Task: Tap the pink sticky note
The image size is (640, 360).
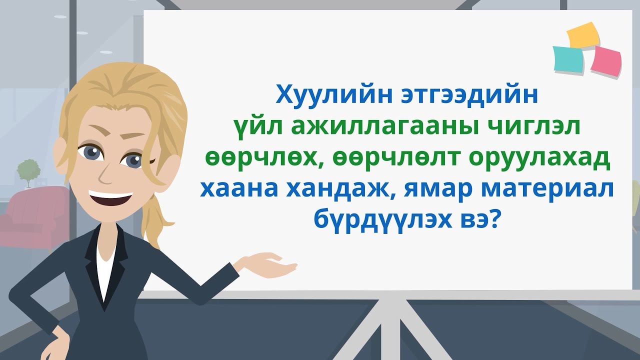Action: click(x=605, y=59)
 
